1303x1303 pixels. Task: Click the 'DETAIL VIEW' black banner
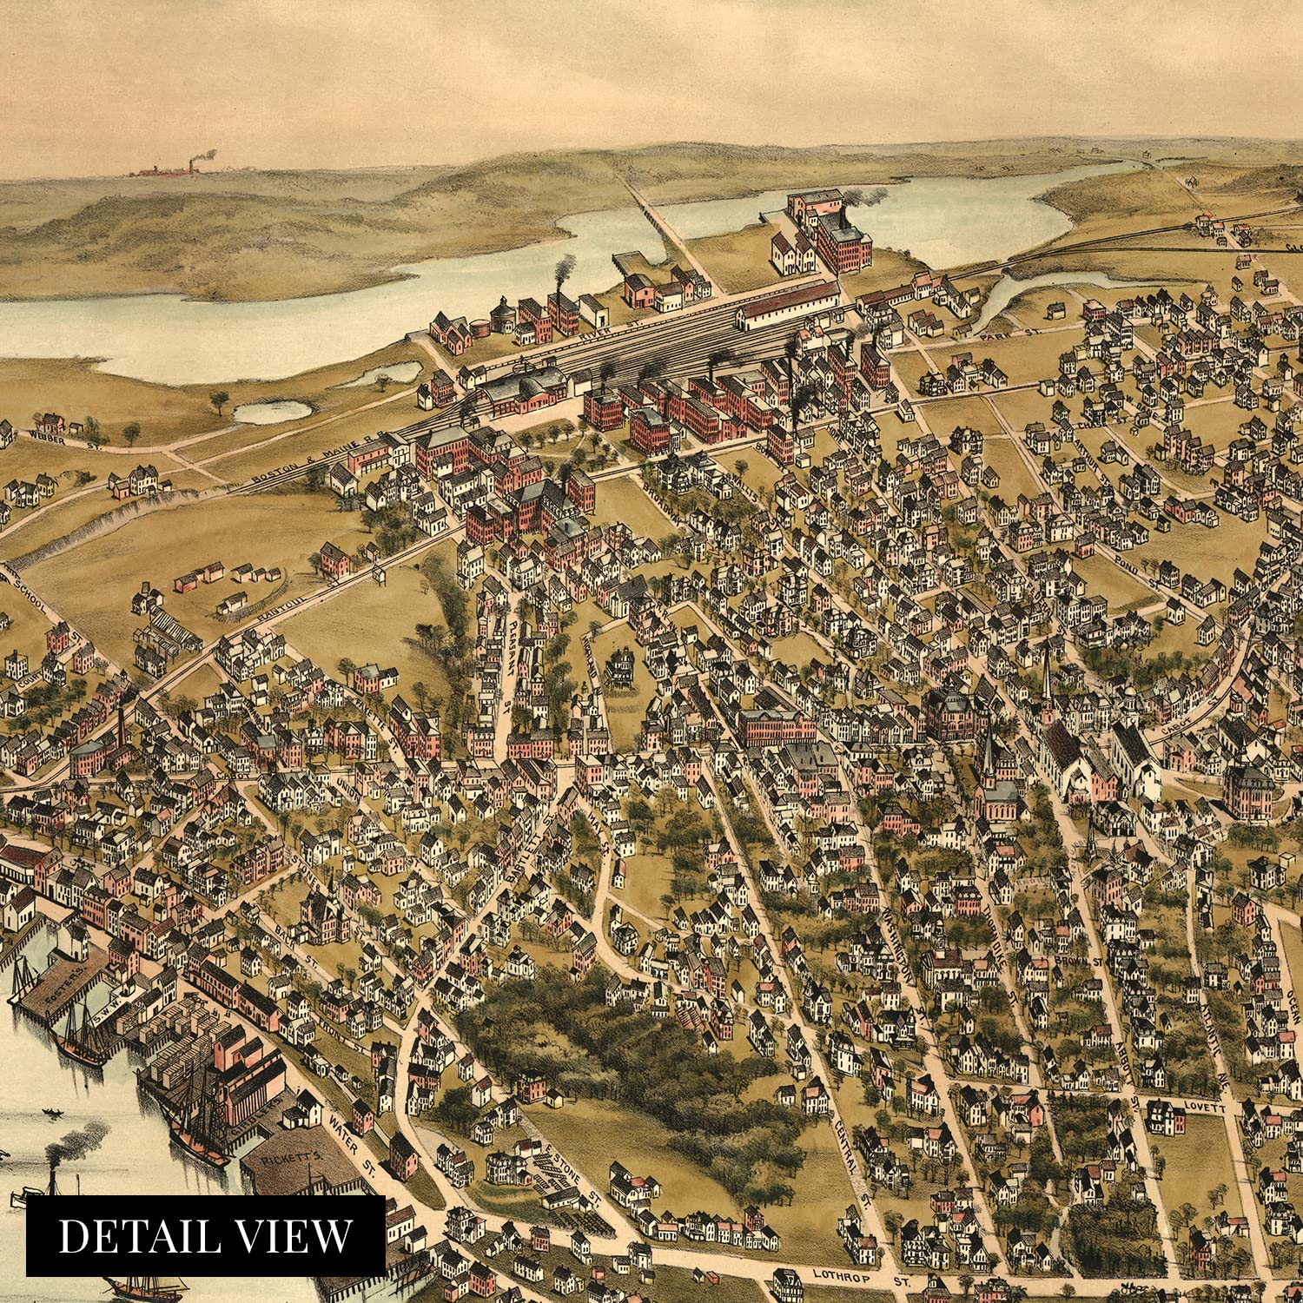tap(205, 1236)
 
